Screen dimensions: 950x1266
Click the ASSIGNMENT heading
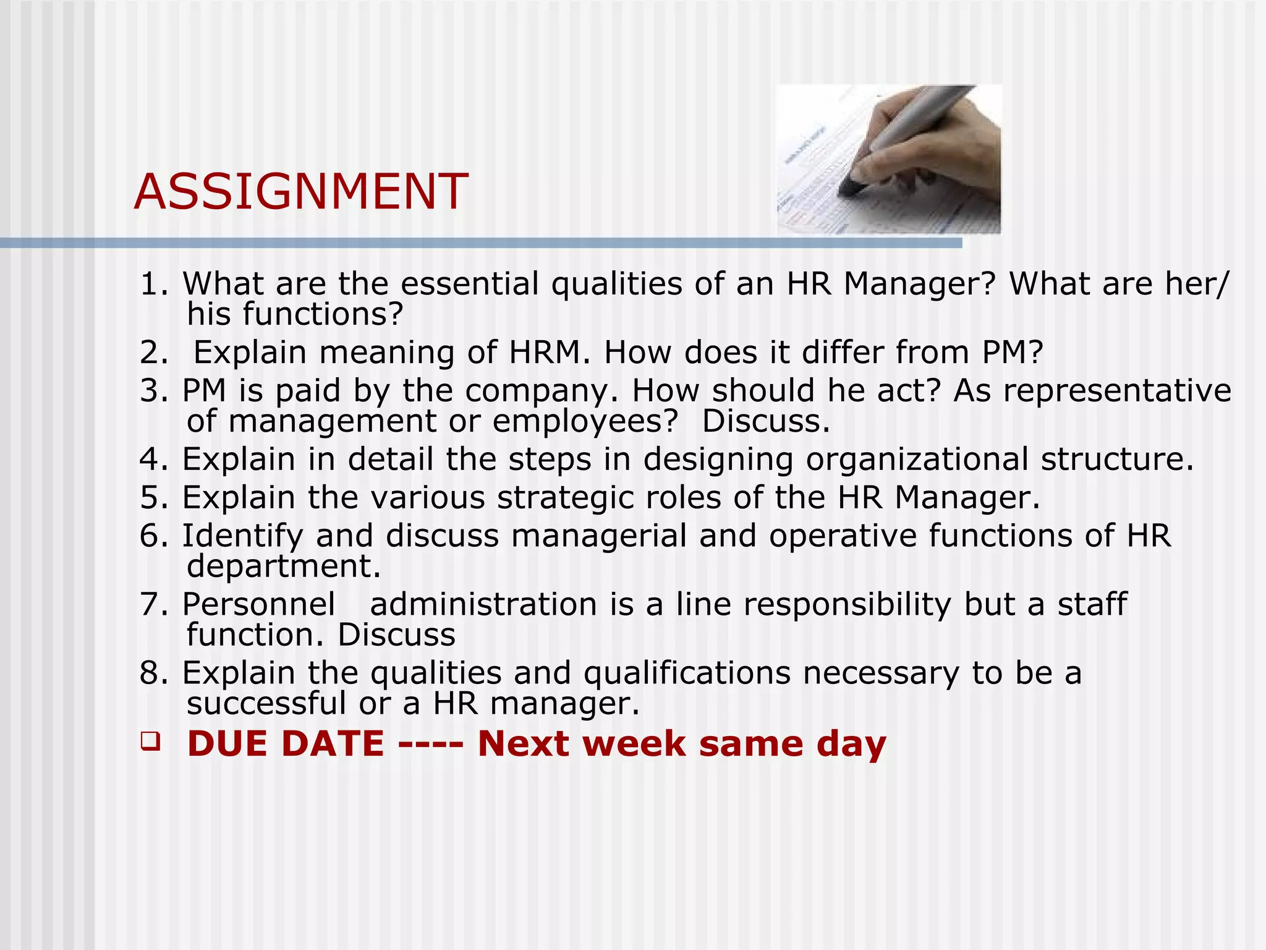click(301, 191)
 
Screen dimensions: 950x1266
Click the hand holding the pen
click(933, 148)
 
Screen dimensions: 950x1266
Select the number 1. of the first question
click(154, 285)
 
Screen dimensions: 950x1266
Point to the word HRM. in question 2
click(550, 353)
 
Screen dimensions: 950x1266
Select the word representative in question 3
click(1092, 392)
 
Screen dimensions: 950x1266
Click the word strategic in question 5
click(565, 498)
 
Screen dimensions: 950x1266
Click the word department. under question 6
click(284, 567)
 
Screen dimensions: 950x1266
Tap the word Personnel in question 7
click(258, 605)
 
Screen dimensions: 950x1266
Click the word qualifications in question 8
click(687, 674)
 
